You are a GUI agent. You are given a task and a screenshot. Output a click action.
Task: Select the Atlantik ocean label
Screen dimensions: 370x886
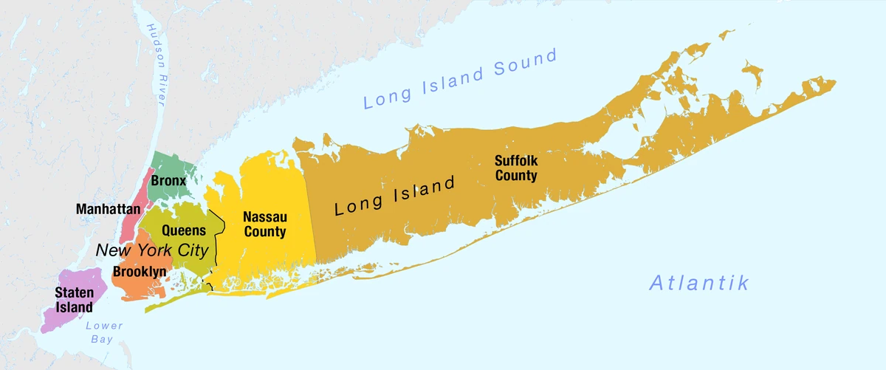[699, 282]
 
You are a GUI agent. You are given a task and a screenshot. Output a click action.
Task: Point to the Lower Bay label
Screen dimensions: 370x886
[103, 332]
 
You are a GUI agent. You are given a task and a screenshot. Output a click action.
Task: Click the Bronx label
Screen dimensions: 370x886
[168, 180]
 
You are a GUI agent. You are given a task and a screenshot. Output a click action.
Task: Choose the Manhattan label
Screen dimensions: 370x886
[108, 209]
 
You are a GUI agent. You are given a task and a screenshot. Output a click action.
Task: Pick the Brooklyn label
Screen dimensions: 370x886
[139, 272]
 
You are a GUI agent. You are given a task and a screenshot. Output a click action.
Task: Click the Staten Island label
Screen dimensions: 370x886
[74, 300]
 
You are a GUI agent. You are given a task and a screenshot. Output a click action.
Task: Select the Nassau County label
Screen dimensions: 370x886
[264, 224]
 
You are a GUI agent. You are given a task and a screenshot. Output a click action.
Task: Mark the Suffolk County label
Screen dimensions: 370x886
[516, 168]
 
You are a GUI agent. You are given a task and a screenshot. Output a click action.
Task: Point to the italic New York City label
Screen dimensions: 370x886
[152, 250]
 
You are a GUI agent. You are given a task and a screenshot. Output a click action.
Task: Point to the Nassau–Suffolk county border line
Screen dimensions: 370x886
[311, 214]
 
